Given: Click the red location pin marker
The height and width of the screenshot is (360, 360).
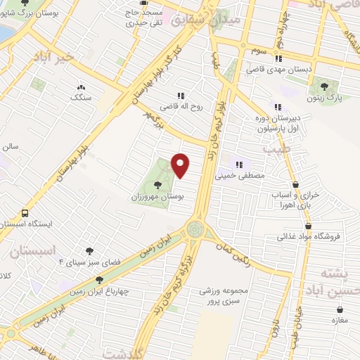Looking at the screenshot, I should point(181,166).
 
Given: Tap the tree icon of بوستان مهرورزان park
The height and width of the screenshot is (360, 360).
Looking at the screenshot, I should point(157,186).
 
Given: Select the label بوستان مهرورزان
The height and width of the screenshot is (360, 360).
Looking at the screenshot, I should point(157,198).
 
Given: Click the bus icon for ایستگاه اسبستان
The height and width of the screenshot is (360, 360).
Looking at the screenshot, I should point(25,212).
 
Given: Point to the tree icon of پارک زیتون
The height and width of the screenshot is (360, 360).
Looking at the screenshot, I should point(324,86).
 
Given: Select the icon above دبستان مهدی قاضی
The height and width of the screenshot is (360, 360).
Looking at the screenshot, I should point(278,59).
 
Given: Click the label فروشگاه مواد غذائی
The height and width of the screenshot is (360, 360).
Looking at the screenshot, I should point(309,237).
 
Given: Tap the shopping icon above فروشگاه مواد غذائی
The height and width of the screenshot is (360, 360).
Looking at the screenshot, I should point(309,226).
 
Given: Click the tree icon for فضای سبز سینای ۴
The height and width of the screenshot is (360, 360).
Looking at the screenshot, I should point(89,250).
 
